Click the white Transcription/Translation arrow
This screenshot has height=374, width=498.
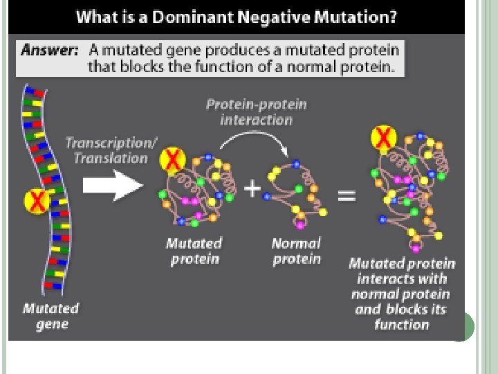point(112,185)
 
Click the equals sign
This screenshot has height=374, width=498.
point(347,195)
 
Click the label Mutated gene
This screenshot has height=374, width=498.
point(51,316)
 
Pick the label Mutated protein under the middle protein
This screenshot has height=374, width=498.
point(194,251)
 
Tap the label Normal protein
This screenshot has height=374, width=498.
point(297,251)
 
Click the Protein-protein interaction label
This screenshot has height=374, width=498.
point(257,112)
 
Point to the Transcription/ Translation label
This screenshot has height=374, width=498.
point(107,150)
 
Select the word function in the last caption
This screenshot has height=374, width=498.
point(402,325)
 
